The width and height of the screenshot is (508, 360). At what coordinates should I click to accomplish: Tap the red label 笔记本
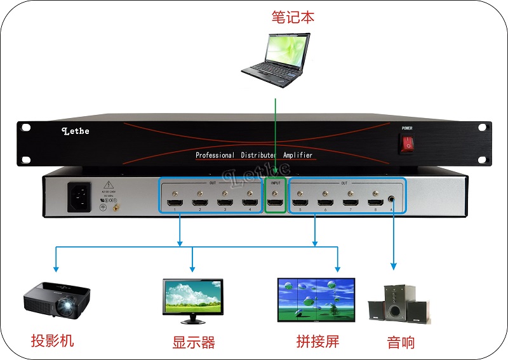click(x=293, y=17)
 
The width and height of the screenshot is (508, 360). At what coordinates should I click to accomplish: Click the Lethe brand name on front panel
click(x=76, y=131)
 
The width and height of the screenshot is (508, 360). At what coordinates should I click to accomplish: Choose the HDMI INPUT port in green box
click(x=275, y=204)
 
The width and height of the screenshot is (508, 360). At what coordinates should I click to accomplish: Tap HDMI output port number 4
click(x=250, y=204)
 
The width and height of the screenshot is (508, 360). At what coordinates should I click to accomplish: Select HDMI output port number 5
click(x=300, y=204)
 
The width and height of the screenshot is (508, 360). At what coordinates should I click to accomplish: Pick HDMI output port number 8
click(x=375, y=204)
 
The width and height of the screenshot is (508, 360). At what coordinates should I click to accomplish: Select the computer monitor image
click(x=193, y=296)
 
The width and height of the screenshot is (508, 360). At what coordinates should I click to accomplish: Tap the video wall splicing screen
click(x=316, y=300)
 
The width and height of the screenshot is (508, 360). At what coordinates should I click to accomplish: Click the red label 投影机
click(x=53, y=341)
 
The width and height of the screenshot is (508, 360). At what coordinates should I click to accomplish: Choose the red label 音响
click(x=401, y=343)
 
